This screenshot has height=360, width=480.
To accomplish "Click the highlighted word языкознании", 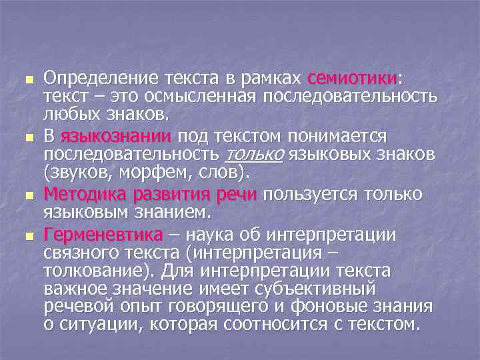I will (x=116, y=137).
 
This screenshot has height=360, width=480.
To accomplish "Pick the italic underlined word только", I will (x=255, y=155).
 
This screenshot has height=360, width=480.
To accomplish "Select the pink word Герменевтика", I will (x=103, y=235).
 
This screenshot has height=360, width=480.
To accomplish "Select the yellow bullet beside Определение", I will (x=27, y=80).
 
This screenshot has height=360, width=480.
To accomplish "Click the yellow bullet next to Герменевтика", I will (x=27, y=236).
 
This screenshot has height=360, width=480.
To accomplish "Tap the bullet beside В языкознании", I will (x=27, y=138).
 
